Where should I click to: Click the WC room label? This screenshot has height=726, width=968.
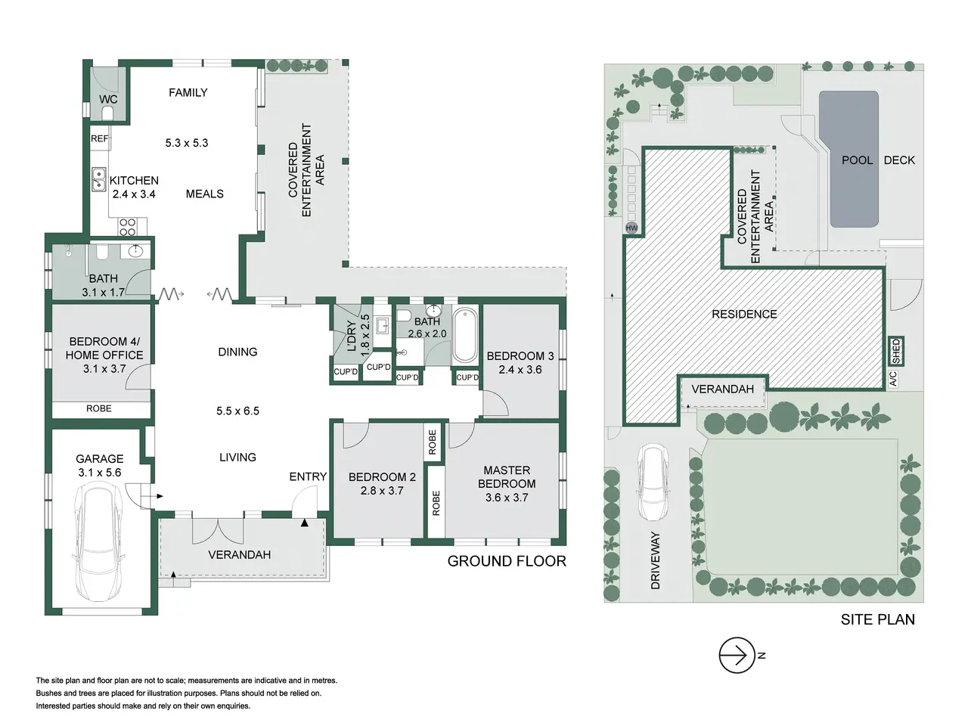pyautogui.click(x=108, y=99)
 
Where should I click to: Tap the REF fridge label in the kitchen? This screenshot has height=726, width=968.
pyautogui.click(x=100, y=139)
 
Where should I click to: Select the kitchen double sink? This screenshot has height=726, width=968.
pyautogui.click(x=99, y=179)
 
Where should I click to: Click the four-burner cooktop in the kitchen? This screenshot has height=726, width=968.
pyautogui.click(x=128, y=227)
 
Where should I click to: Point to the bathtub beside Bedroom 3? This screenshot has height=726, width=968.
pyautogui.click(x=465, y=335)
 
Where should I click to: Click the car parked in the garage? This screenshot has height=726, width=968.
pyautogui.click(x=98, y=544)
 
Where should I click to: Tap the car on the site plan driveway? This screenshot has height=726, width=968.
pyautogui.click(x=653, y=482)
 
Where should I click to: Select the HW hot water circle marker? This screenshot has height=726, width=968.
pyautogui.click(x=631, y=228)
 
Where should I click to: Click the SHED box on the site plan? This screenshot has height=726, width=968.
pyautogui.click(x=895, y=351)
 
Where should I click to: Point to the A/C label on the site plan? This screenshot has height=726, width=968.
pyautogui.click(x=892, y=379)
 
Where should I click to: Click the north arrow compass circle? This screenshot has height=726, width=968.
pyautogui.click(x=737, y=655)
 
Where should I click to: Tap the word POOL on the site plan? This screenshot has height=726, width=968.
pyautogui.click(x=857, y=160)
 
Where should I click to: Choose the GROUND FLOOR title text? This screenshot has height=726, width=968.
pyautogui.click(x=507, y=561)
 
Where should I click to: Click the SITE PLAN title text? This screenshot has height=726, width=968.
pyautogui.click(x=877, y=619)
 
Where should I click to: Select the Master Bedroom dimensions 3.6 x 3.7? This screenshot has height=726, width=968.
pyautogui.click(x=507, y=498)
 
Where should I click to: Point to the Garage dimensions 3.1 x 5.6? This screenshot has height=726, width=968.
pyautogui.click(x=100, y=473)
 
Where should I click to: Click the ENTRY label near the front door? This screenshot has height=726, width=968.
pyautogui.click(x=308, y=476)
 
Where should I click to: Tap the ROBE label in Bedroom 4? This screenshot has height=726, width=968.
pyautogui.click(x=99, y=408)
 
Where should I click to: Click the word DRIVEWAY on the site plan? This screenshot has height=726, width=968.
pyautogui.click(x=656, y=560)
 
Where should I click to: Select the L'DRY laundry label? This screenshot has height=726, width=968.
pyautogui.click(x=352, y=336)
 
